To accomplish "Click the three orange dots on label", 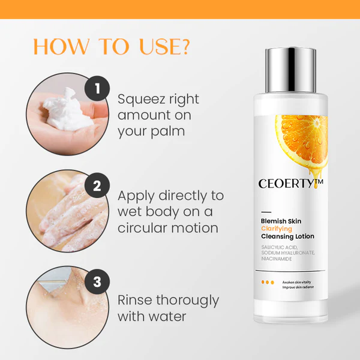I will (268, 282).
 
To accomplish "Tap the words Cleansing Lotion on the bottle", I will (287, 236).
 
